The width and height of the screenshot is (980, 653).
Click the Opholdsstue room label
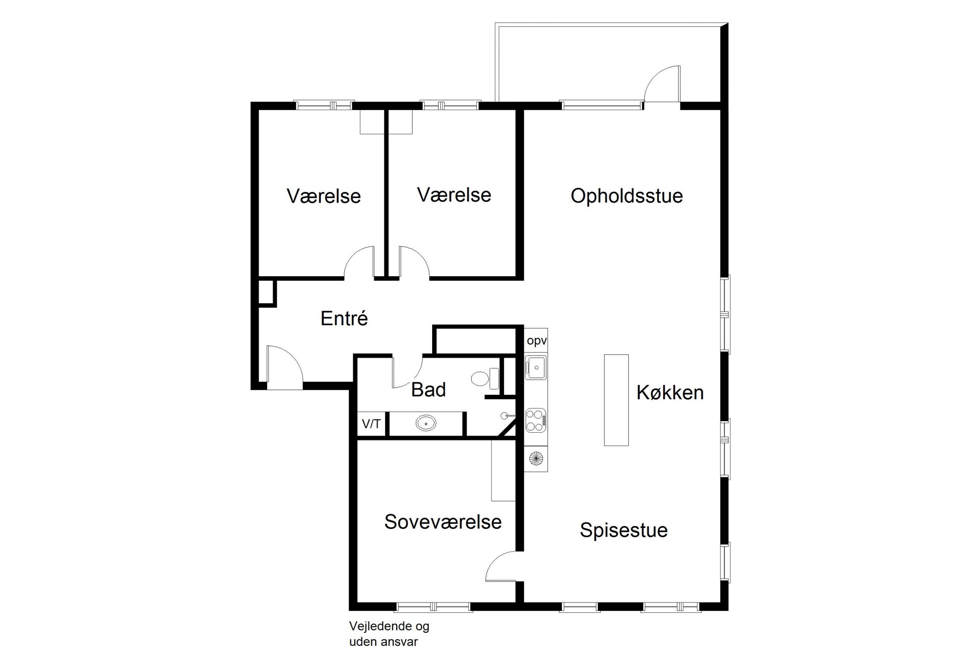tap(627, 196)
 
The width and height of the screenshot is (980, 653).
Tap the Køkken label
tap(670, 393)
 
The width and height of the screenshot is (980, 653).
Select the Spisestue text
tap(624, 531)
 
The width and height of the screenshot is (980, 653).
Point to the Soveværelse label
tap(443, 522)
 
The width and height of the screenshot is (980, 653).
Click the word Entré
tap(344, 319)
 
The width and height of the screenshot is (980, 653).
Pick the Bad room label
tap(428, 390)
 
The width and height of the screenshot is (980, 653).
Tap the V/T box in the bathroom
tap(371, 424)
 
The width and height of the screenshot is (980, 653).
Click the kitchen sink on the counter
tap(536, 368)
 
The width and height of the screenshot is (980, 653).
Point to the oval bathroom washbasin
tap(426, 423)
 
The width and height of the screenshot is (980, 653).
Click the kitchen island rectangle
tap(616, 400)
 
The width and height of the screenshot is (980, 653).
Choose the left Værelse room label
tap(324, 197)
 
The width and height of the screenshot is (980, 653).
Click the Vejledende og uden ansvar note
tap(389, 634)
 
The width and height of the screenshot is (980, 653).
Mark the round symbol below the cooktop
tap(536, 459)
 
